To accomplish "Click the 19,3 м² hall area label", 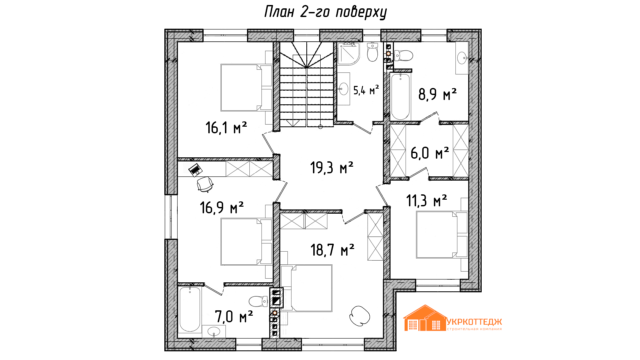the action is [x=332, y=167].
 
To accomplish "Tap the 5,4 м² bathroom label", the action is [x=366, y=90].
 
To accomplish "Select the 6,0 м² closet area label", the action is [x=430, y=153].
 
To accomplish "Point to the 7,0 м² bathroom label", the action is [x=234, y=316].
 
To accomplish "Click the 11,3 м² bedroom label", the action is [x=426, y=201].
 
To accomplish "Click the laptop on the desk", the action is [x=195, y=170].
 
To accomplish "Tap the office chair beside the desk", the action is [x=205, y=184].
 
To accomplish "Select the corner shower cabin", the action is [x=348, y=53].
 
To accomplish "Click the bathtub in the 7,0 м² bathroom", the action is [x=190, y=310].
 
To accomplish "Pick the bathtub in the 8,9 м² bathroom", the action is [x=400, y=97].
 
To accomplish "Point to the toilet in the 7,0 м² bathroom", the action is [x=258, y=301].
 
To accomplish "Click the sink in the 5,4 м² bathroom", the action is [x=343, y=89].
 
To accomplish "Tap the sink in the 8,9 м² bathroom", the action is [x=462, y=58].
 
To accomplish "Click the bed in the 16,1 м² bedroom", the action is [x=246, y=88].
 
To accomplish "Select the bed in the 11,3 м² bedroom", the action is [x=442, y=235].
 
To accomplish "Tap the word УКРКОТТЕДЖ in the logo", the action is [x=474, y=322].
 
